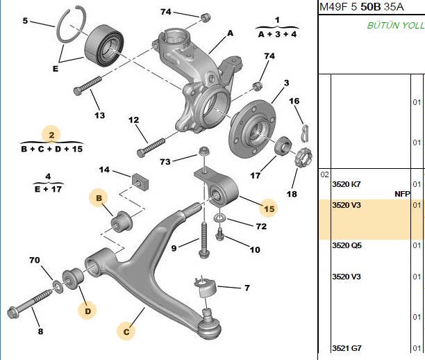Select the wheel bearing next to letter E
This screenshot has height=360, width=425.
pos(104,45)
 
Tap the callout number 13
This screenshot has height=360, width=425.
pos(99,115)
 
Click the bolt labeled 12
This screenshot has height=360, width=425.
pos(151,148)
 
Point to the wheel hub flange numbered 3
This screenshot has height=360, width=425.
pos(252,127)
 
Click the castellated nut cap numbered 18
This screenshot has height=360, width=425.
pos(303,158)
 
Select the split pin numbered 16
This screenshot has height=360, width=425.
pos(306,133)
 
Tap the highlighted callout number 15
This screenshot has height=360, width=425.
pos(269,208)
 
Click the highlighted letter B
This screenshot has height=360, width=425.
pos(99,198)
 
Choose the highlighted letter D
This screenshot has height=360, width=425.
pos(87,311)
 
